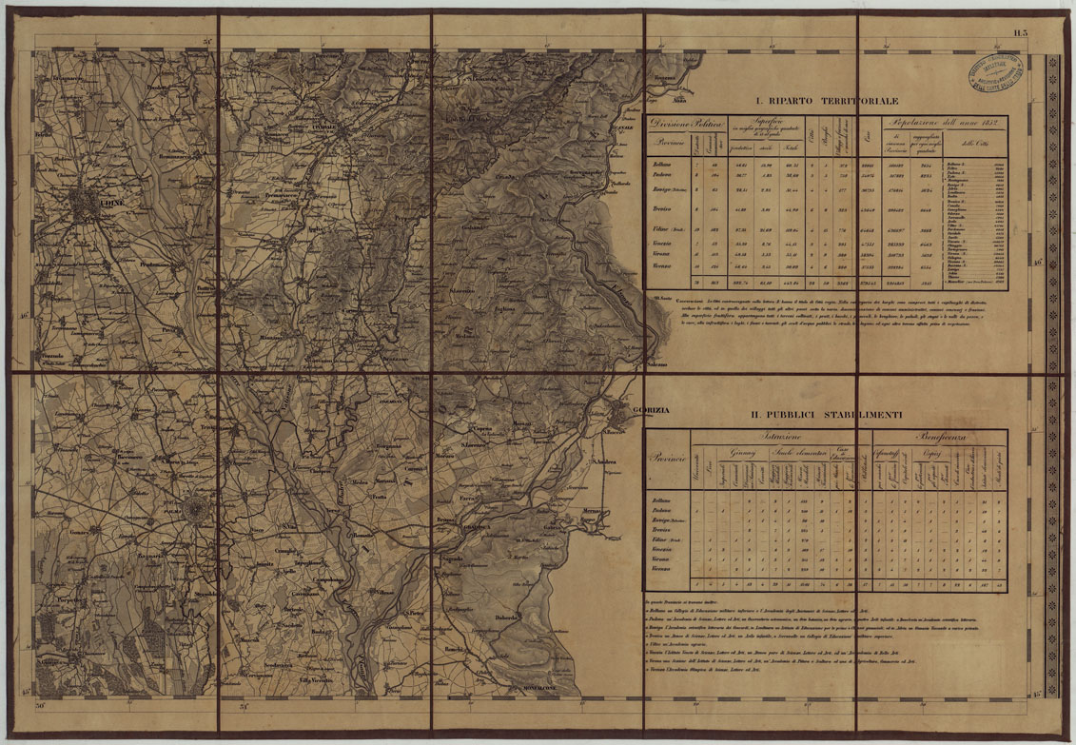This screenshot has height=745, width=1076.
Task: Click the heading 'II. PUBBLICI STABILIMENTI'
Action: (x=824, y=415)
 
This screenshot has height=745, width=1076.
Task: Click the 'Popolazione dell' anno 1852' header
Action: (x=940, y=123)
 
